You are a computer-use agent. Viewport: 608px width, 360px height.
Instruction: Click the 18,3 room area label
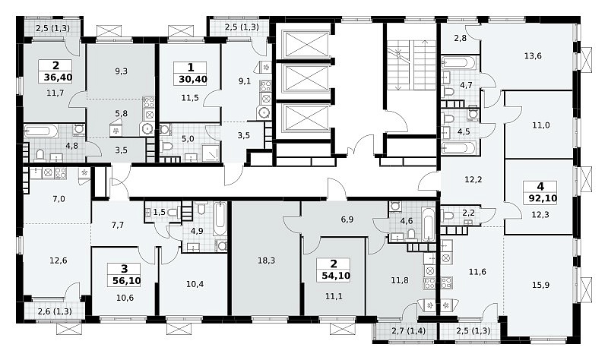pyautogui.click(x=267, y=261)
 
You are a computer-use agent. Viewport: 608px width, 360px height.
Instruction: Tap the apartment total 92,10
pyautogui.click(x=543, y=199)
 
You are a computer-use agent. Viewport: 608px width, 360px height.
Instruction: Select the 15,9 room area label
pyautogui.click(x=540, y=286)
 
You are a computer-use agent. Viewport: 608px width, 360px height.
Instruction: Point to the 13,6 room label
pyautogui.click(x=533, y=55)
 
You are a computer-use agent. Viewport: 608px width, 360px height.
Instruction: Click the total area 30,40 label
pyautogui.click(x=193, y=80)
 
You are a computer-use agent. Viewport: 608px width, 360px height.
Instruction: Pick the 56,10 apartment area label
pyautogui.click(x=125, y=280)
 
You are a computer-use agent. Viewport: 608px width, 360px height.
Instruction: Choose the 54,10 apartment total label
pyautogui.click(x=336, y=276)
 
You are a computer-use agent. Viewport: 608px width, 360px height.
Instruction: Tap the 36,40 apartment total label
pyautogui.click(x=58, y=77)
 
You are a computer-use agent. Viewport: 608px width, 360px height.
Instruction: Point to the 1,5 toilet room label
pyautogui.click(x=159, y=212)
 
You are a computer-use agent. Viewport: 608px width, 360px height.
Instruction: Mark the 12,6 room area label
pyautogui.click(x=59, y=261)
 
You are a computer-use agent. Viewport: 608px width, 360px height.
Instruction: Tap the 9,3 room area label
pyautogui.click(x=122, y=71)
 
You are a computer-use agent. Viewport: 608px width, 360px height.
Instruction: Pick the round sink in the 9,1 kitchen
pyautogui.click(x=264, y=112)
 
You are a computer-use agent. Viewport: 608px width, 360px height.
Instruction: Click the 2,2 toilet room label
pyautogui.click(x=469, y=213)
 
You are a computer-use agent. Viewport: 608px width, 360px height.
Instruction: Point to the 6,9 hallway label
pyautogui.click(x=347, y=219)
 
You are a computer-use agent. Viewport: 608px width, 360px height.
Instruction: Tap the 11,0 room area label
pyautogui.click(x=540, y=125)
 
